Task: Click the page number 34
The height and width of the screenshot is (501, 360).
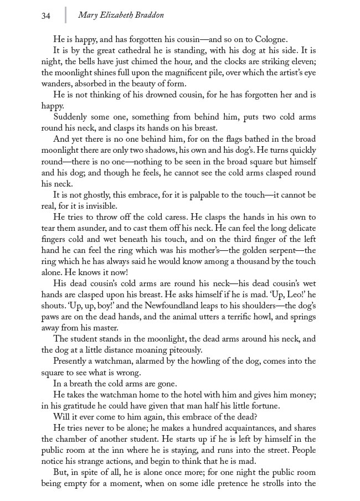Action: point(45,16)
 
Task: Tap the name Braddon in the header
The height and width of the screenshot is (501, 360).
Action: point(147,16)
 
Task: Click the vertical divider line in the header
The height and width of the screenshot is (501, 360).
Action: point(65,15)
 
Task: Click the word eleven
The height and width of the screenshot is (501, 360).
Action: point(301,61)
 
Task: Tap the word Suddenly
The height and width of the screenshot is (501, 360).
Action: point(71,117)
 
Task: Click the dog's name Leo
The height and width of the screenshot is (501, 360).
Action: point(292,295)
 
